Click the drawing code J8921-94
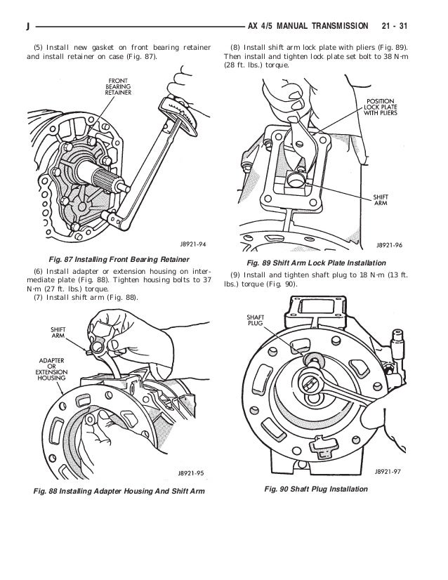(x=190, y=246)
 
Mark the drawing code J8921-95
(x=190, y=474)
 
